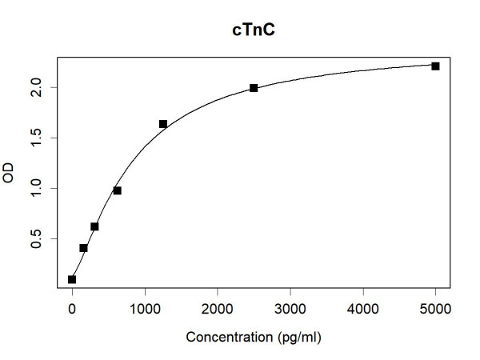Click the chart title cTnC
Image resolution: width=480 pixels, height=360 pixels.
click(x=254, y=30)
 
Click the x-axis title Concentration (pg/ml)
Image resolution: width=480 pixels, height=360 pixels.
click(x=254, y=338)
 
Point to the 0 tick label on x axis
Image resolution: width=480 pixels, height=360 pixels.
click(x=72, y=307)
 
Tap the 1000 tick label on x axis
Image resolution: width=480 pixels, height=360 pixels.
click(x=145, y=307)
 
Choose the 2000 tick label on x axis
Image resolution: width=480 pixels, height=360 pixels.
click(x=218, y=307)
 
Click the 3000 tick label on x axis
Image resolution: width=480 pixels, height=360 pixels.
click(x=290, y=307)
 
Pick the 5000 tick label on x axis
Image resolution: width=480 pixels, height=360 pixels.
click(x=435, y=307)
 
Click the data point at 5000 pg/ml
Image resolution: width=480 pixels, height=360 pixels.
click(x=435, y=66)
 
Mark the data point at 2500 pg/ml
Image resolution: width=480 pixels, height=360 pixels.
click(x=254, y=88)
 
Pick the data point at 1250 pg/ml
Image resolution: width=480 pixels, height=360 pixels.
click(x=163, y=124)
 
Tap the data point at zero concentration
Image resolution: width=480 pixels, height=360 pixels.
click(x=72, y=279)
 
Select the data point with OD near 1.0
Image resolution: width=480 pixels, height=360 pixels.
click(x=118, y=190)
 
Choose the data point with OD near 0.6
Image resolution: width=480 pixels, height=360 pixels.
click(x=94, y=226)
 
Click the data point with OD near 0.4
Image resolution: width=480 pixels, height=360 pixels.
click(x=83, y=248)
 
